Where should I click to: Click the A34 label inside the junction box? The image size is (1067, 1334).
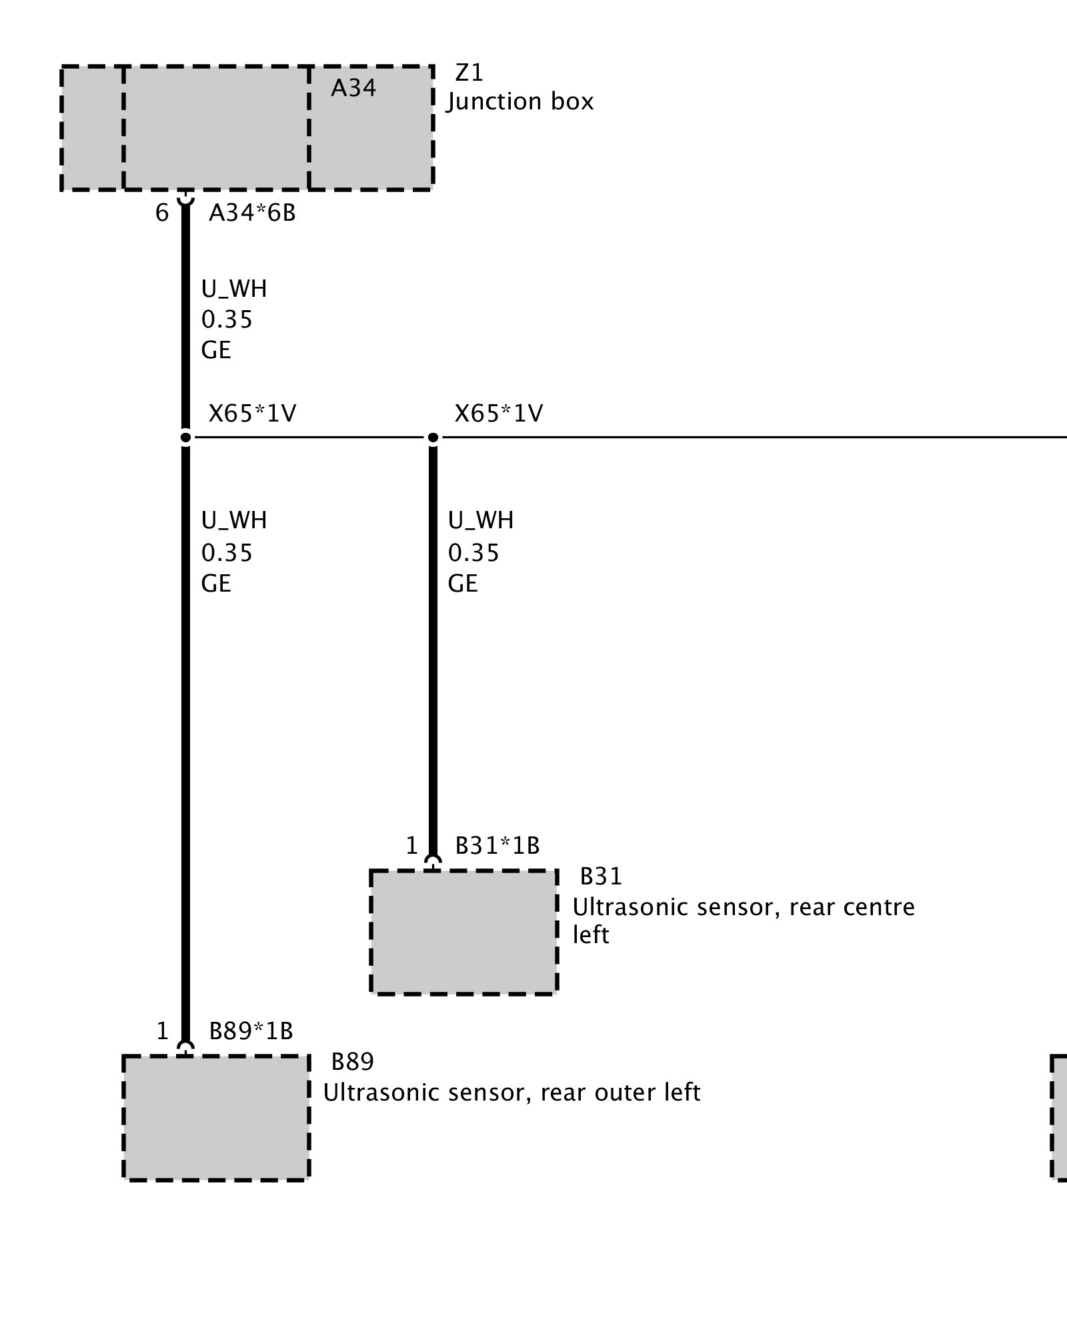(x=353, y=88)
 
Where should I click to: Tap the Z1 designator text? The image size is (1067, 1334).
(x=469, y=72)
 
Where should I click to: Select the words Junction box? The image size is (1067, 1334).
(x=520, y=101)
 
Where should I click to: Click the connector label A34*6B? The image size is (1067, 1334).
(x=252, y=213)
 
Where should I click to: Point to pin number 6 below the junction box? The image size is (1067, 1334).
(x=162, y=213)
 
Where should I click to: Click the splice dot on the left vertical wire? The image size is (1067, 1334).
(x=185, y=438)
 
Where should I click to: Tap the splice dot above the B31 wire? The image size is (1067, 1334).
(x=433, y=438)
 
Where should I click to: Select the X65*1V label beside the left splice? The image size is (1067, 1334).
(x=252, y=414)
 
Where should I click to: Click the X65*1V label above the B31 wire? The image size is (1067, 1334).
(x=499, y=414)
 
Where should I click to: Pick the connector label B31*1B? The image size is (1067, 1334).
(x=497, y=846)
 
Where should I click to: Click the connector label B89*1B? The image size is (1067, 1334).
(x=251, y=1031)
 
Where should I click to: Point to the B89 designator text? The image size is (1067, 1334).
(x=353, y=1061)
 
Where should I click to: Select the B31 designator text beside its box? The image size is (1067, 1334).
(x=601, y=876)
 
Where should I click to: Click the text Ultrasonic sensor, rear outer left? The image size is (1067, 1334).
(x=511, y=1093)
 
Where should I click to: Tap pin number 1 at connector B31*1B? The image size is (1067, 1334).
(x=411, y=846)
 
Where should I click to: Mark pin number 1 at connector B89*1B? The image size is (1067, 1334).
(x=162, y=1031)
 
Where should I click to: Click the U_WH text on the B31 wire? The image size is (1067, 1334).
(x=481, y=520)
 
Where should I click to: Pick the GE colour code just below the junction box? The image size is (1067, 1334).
(x=216, y=350)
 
